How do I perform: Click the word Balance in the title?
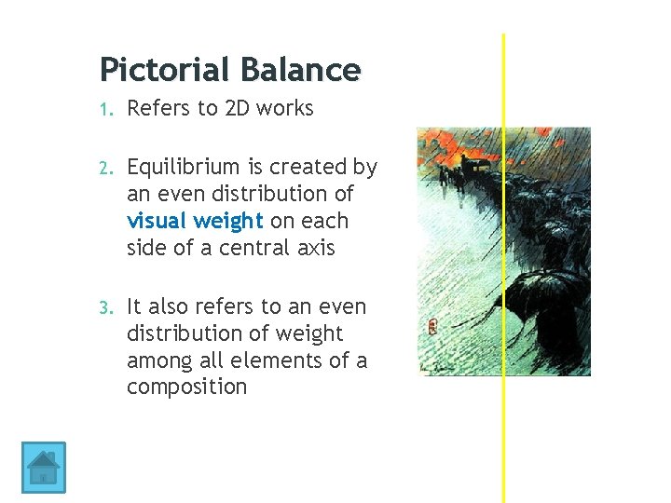point(299,70)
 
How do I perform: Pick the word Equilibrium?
point(185,168)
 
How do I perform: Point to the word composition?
point(186,387)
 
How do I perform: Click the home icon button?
point(43,467)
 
